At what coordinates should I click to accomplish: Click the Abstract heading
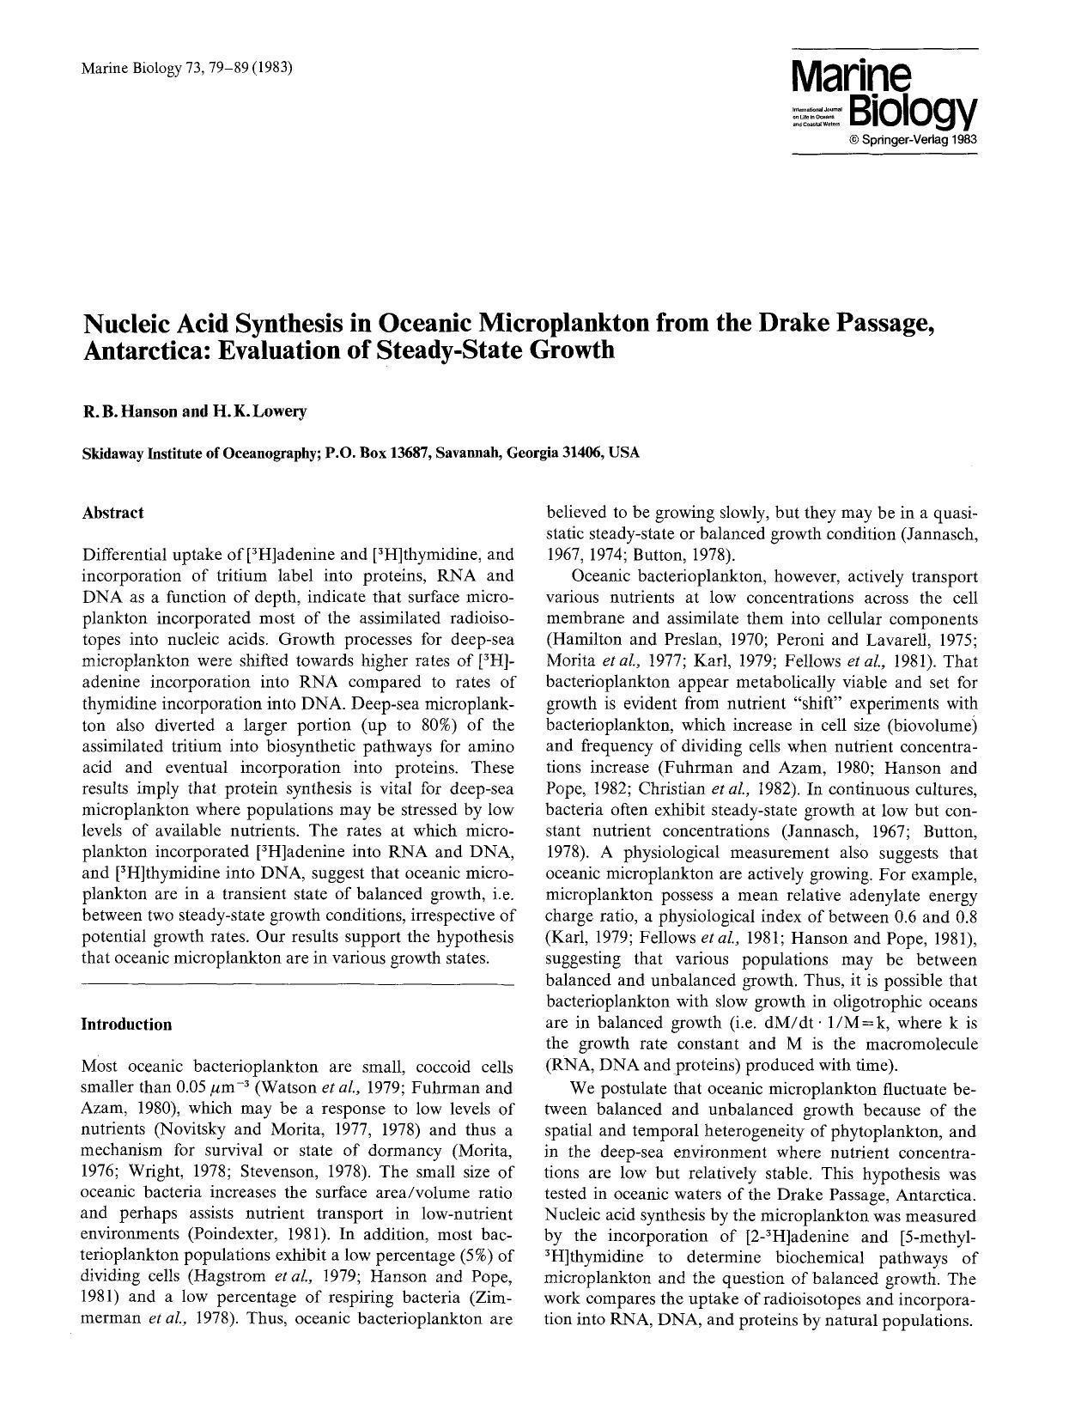[112, 513]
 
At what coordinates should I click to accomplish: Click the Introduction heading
[126, 1024]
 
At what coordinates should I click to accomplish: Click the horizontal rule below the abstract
[296, 984]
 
